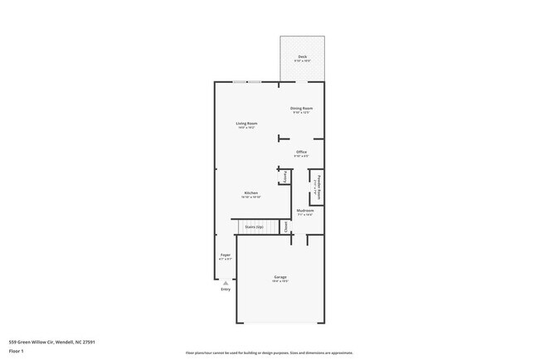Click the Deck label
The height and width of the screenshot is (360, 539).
302,56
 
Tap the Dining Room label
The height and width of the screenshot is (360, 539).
301,109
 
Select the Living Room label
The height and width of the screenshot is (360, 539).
246,124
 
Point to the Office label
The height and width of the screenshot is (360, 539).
302,152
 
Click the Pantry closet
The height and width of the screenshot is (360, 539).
285,176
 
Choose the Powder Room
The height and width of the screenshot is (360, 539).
316,187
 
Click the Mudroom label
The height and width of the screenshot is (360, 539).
305,211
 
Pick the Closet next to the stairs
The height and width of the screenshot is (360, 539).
284,225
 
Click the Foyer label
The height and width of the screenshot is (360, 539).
225,255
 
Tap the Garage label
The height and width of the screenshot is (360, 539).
280,277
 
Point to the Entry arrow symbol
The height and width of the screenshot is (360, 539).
225,282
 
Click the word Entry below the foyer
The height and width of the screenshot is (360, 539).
225,289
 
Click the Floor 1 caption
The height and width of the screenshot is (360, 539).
17,350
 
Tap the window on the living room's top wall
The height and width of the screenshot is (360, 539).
246,81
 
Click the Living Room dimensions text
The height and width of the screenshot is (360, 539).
246,129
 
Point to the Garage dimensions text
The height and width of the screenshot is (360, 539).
280,282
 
